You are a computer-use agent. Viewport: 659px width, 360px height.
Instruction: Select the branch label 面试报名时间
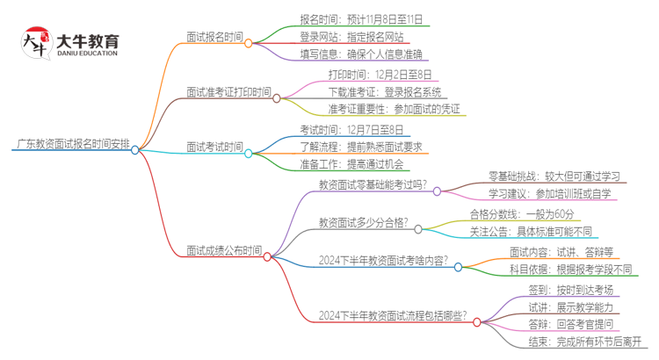point(215,38)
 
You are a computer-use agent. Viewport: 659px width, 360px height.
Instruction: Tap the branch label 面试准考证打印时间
point(228,91)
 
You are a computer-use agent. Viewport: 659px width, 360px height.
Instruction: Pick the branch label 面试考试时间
point(215,146)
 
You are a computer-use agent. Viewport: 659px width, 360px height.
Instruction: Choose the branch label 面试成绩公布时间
point(223,250)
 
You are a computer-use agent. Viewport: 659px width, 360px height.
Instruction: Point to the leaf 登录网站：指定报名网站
point(351,36)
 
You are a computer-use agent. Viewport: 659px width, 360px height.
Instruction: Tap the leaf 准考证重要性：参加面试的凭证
point(393,109)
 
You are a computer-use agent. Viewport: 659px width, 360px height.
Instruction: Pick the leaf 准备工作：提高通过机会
point(351,164)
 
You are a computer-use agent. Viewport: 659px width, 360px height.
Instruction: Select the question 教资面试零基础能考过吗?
point(373,184)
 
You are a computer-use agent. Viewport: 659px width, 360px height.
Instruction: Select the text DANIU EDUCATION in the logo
point(86,53)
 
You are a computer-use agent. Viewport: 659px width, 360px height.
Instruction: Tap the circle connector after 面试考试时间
point(249,153)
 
